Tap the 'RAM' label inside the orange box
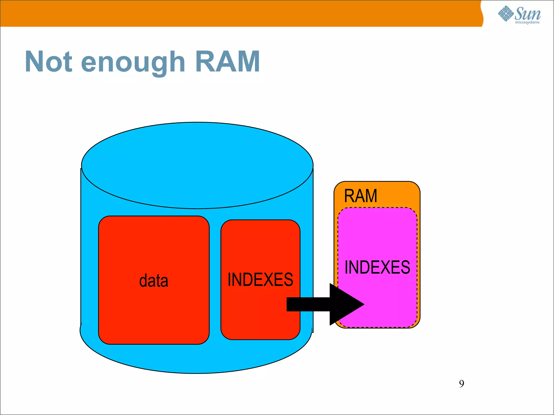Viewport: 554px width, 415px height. (x=361, y=196)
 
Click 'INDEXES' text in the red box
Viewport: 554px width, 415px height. (x=260, y=279)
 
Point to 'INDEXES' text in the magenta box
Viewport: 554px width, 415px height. (x=377, y=267)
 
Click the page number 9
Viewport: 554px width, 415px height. (x=461, y=384)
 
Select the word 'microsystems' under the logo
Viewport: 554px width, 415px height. (x=527, y=22)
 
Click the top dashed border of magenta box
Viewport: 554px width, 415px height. (x=377, y=208)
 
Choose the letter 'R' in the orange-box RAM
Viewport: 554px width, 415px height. (x=349, y=196)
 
